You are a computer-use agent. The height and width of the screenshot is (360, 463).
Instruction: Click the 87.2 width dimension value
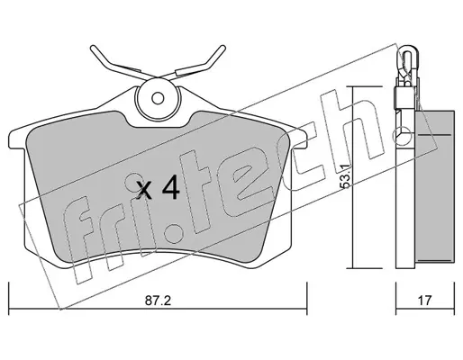(x=158, y=301)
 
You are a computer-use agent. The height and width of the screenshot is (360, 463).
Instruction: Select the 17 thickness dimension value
(x=424, y=301)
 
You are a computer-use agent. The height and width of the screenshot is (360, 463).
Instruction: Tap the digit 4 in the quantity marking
(x=171, y=187)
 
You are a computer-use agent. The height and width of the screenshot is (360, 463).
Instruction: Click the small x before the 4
(x=144, y=191)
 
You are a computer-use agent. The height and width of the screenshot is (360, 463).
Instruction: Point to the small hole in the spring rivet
(x=158, y=98)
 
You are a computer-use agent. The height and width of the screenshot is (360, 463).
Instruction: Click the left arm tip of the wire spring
(x=93, y=48)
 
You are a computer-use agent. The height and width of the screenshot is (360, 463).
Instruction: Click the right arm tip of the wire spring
(x=222, y=48)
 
